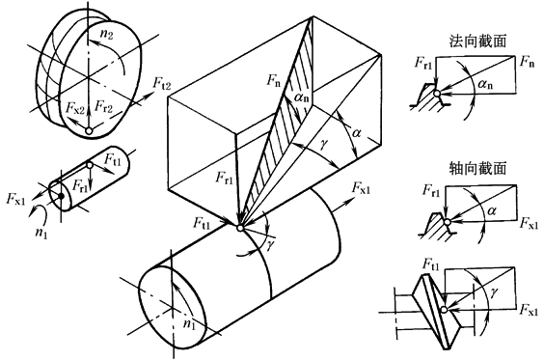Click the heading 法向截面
(x=477, y=41)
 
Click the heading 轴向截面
(x=477, y=168)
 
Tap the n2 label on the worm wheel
(x=106, y=35)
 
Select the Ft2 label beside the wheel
(x=162, y=84)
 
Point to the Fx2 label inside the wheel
(x=75, y=108)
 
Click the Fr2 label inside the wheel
(x=104, y=106)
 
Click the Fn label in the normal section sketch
(x=527, y=63)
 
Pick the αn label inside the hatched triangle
(x=302, y=97)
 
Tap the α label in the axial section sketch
(x=491, y=210)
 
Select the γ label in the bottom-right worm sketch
(x=493, y=292)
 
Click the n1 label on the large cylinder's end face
(x=189, y=324)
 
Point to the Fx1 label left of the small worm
(x=16, y=199)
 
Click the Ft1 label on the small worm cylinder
(x=113, y=160)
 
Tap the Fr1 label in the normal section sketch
(x=423, y=63)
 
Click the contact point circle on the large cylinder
(x=239, y=228)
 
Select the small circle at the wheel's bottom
(x=89, y=131)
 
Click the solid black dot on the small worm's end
(x=61, y=196)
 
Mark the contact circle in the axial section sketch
(x=448, y=222)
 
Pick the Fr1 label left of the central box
(x=224, y=178)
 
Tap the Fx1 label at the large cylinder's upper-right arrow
(x=361, y=188)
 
